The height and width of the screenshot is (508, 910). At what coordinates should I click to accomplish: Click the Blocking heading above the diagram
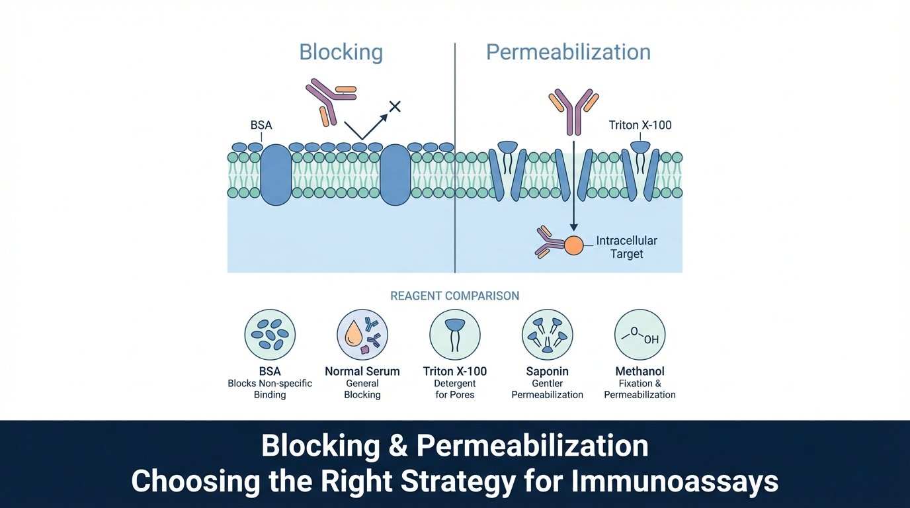tap(341, 52)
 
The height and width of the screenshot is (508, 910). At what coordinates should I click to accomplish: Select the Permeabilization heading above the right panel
tap(568, 52)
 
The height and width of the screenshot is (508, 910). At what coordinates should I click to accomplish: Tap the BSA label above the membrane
tap(262, 125)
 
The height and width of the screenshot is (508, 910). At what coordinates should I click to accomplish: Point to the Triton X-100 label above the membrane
tap(640, 125)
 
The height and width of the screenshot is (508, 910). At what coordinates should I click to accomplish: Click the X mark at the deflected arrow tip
tap(395, 106)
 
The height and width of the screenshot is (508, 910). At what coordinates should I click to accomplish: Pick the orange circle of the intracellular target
tap(573, 245)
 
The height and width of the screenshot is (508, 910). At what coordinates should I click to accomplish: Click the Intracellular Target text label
tap(626, 247)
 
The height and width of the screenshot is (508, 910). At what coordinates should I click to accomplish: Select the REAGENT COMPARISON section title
tap(454, 296)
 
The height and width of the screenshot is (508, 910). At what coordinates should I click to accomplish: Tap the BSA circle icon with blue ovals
tap(270, 335)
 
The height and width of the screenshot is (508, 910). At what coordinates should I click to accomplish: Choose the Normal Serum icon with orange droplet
tap(362, 335)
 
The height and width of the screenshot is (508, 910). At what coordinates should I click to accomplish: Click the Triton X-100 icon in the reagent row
tap(455, 335)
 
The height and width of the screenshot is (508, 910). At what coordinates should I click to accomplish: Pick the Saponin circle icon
tap(548, 335)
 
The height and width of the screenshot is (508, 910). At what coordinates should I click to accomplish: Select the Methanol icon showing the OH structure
tap(640, 335)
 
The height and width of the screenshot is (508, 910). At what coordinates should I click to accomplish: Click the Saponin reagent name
tap(548, 372)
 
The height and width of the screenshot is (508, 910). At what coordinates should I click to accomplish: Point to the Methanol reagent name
tap(640, 372)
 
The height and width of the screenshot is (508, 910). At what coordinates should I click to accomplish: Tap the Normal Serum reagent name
tap(362, 372)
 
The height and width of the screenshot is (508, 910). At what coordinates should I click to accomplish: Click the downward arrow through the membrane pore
tap(573, 185)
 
